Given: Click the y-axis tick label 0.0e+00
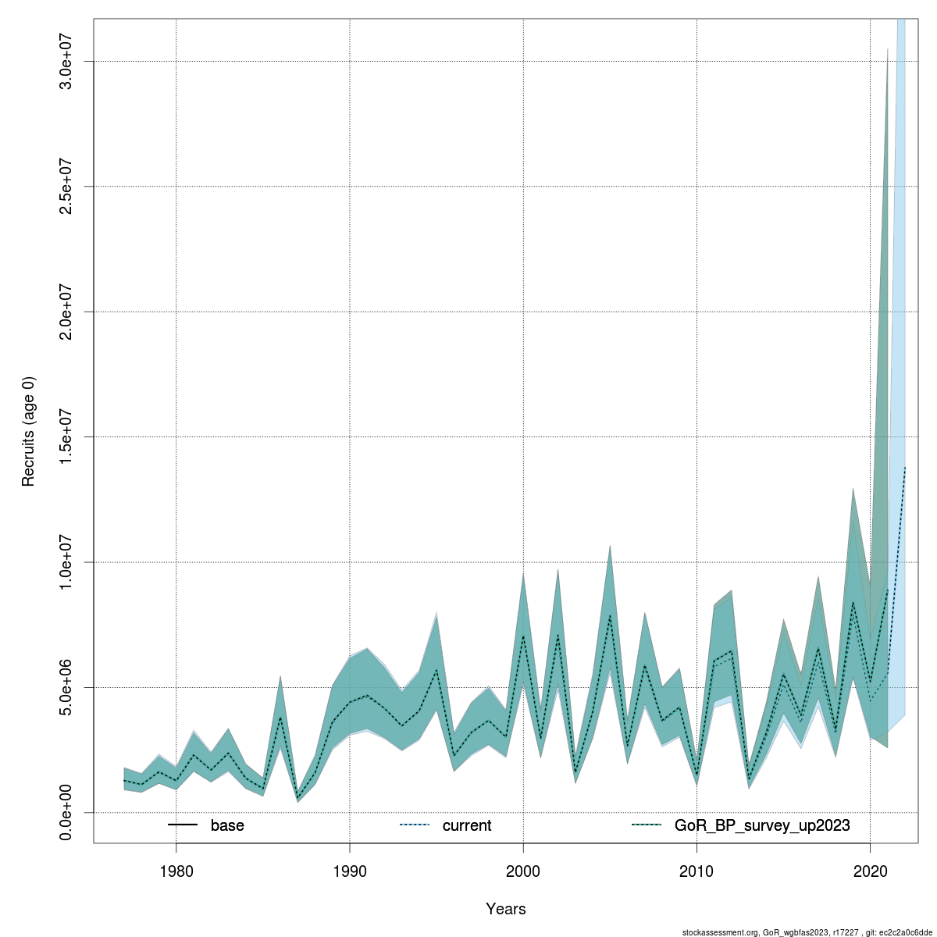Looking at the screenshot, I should point(66,813).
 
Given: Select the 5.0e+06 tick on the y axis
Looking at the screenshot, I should point(66,687).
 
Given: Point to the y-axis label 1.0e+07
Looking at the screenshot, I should point(66,562).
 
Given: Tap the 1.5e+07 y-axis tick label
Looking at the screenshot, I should point(66,436).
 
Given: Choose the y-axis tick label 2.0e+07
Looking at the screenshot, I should point(66,312).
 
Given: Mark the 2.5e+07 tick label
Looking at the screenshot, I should point(66,187).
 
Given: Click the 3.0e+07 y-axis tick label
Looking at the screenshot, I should point(66,61).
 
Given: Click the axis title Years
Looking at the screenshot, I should point(506,909).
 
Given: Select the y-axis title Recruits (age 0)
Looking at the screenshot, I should point(29,432).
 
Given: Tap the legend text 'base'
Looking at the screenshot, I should point(227,825).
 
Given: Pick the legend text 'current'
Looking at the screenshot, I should point(467,825).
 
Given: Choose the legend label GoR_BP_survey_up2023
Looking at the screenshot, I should point(762,825).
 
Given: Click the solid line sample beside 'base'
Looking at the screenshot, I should point(182,825).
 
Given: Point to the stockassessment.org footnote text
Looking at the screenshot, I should point(808,932).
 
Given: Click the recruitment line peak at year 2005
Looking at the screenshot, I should point(610,616).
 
